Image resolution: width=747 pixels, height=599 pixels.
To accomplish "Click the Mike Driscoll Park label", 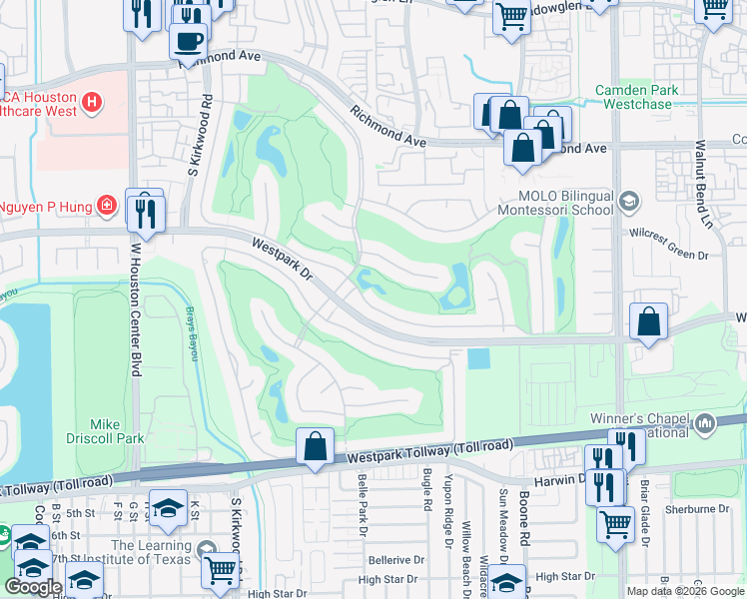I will coord(117,431).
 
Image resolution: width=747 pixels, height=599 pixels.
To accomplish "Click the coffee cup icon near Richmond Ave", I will coord(188,41).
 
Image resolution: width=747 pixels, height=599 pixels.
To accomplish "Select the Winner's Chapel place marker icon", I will coord(706,425).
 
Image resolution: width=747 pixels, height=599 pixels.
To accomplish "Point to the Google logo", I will coord(33,587).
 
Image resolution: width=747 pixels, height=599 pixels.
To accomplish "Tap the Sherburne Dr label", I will coord(699,509).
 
